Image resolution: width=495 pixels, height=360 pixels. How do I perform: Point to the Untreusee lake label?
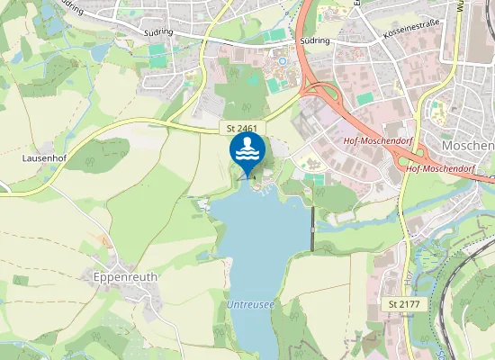coord(251,306)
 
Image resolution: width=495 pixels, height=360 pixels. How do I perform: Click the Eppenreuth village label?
coord(125,277)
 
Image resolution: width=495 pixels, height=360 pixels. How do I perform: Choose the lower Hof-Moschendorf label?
coord(439,167)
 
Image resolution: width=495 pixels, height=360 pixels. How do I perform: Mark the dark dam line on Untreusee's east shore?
coord(312,229)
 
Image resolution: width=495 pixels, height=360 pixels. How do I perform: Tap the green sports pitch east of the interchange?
coord(364,98)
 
